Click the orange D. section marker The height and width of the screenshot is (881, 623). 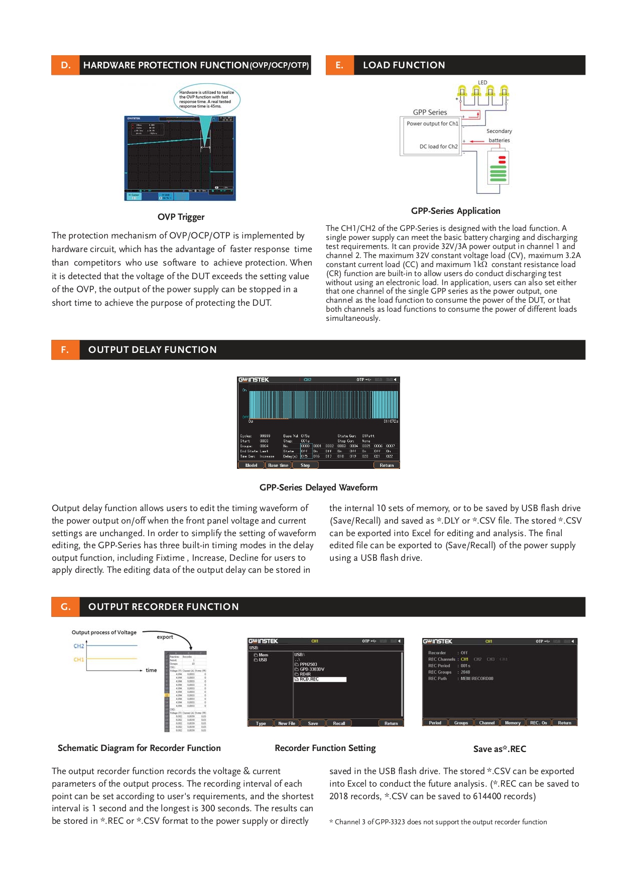65,65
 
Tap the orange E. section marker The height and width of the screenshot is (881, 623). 339,65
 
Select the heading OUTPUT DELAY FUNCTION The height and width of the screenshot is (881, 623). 152,350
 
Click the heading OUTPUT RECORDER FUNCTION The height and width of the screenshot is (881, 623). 163,607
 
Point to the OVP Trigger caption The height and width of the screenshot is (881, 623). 181,217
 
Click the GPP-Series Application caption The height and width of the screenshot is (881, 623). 455,211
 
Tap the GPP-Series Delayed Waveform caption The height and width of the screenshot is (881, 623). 318,487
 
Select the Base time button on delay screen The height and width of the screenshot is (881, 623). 278,465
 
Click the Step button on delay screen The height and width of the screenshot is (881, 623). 305,465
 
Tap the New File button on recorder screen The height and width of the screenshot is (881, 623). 287,723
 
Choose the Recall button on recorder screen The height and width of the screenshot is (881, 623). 339,723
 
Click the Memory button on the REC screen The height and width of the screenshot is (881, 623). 513,723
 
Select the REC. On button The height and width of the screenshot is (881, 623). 539,723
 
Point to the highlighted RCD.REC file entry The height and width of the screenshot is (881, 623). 320,679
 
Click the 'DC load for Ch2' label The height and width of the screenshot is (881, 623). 438,147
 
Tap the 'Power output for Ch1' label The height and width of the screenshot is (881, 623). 432,123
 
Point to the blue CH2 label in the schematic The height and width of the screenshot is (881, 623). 79,646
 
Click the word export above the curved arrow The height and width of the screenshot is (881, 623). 165,637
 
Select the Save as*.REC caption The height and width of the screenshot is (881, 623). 500,749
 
